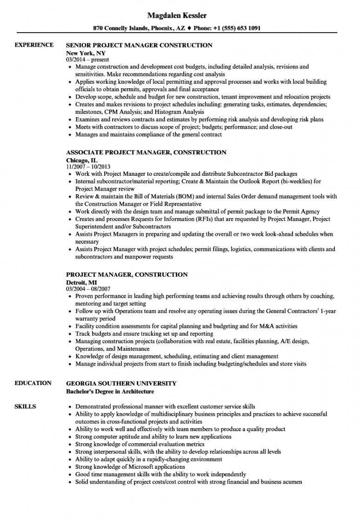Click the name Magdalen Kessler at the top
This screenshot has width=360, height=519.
click(180, 15)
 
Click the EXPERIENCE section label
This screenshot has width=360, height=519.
click(34, 45)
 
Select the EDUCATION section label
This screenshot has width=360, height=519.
click(33, 383)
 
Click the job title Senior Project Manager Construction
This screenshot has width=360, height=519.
click(139, 46)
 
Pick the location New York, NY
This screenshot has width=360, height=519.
click(86, 53)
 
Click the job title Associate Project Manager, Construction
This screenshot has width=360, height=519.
click(146, 153)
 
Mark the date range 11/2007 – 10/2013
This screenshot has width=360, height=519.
click(88, 166)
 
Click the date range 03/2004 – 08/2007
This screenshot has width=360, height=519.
click(88, 289)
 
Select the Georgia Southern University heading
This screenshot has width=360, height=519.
click(121, 383)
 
